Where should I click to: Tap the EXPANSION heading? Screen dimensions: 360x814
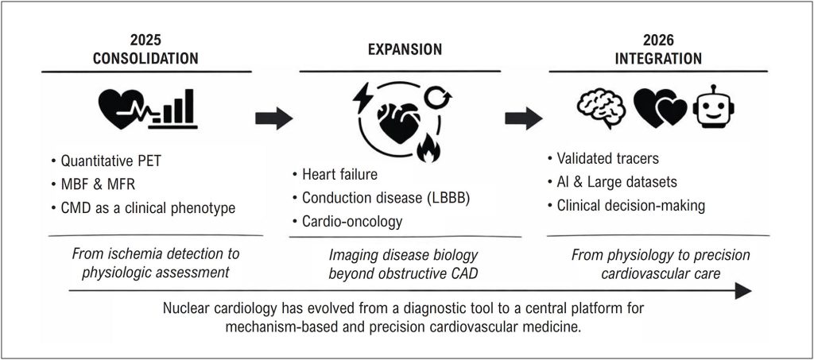pos(405,49)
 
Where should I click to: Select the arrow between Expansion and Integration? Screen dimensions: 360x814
pos(524,119)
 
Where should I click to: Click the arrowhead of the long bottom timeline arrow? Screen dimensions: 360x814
pos(743,292)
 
